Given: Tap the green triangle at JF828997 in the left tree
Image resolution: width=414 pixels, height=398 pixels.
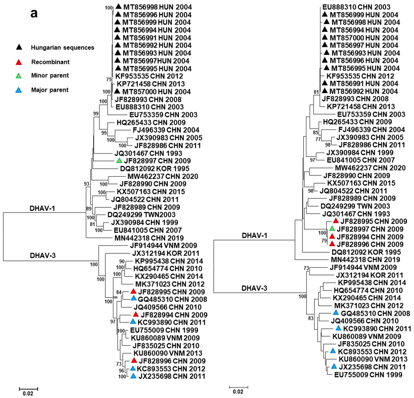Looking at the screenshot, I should point(119,161).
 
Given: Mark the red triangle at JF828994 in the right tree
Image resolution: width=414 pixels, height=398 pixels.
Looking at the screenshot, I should point(332,236).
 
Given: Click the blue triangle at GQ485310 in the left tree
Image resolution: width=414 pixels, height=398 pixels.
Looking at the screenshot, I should point(133,298).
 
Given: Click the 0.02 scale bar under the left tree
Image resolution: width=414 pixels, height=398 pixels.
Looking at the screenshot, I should point(28,388).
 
